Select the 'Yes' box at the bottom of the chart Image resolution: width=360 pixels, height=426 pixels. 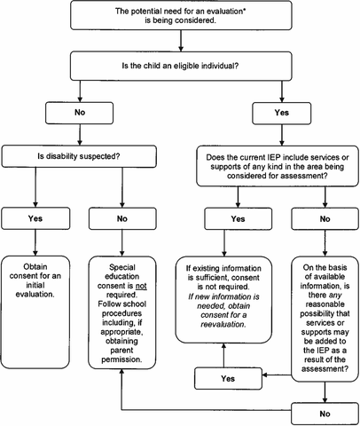pos(230,378)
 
